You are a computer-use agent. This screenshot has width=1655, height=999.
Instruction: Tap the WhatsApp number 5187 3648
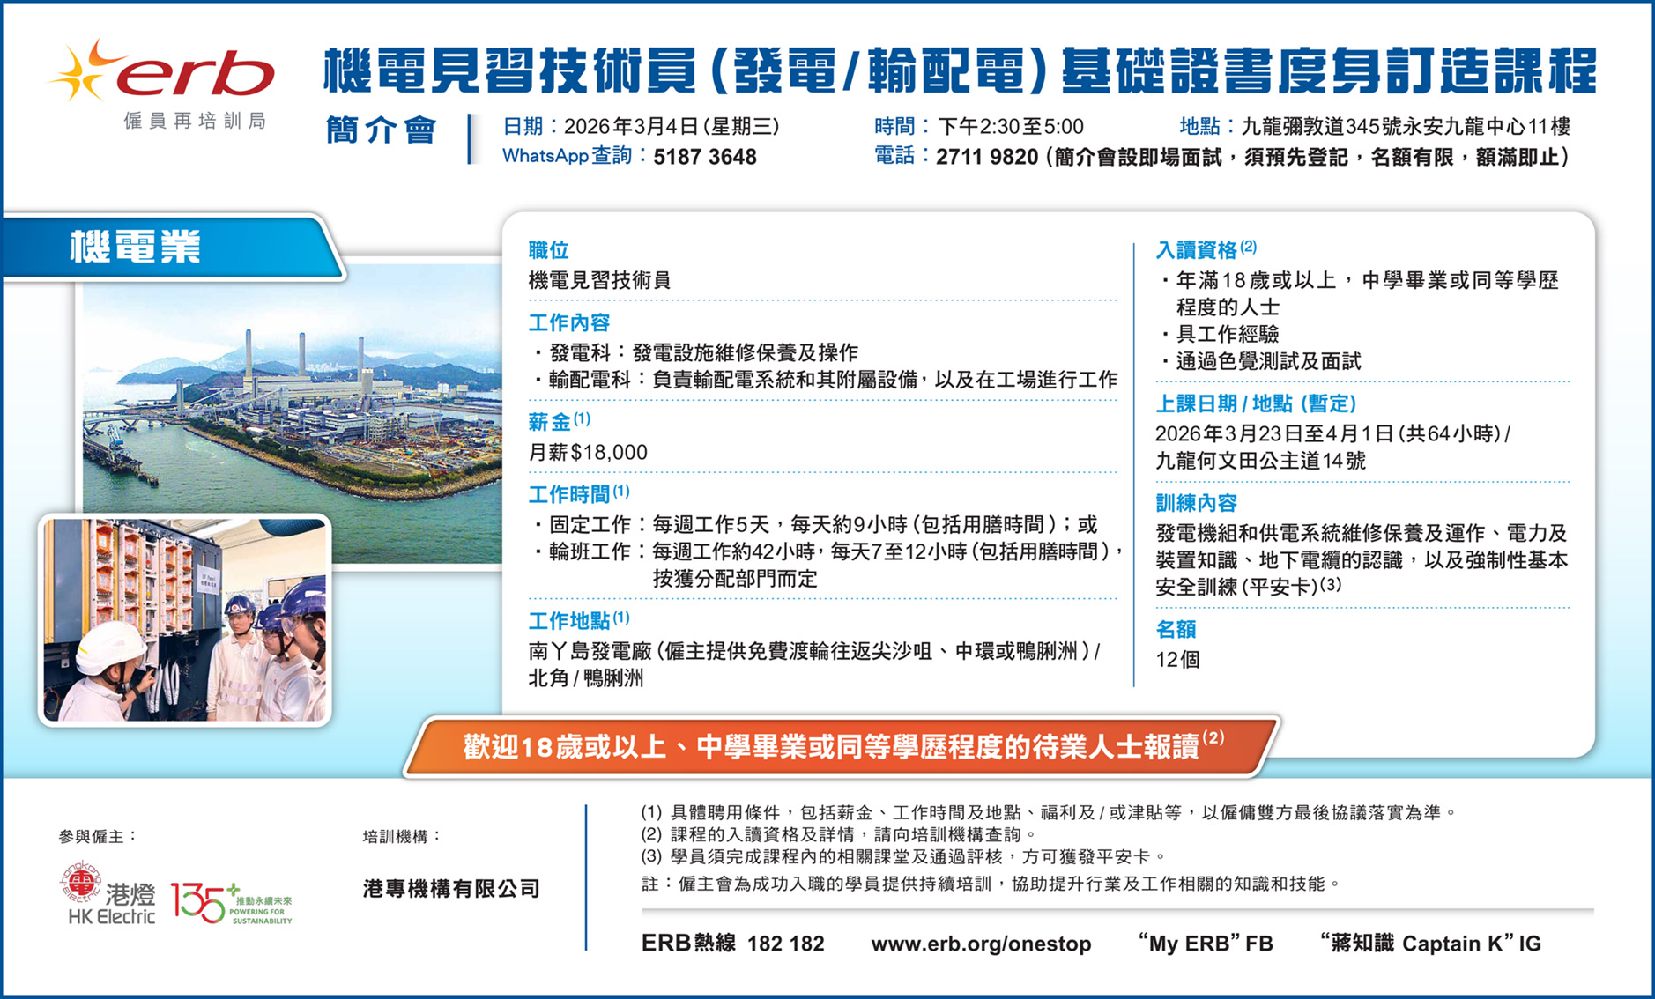(x=705, y=157)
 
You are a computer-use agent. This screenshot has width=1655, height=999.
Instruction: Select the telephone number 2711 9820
(x=987, y=157)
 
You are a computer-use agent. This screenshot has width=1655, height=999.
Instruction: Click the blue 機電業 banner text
(x=136, y=248)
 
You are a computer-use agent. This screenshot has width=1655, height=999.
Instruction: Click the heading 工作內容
(x=569, y=322)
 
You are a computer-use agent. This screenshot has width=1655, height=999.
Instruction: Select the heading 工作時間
(x=569, y=494)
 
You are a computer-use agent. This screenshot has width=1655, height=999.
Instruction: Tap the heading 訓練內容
(x=1197, y=503)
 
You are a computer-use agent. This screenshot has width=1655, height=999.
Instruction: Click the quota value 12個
(x=1177, y=660)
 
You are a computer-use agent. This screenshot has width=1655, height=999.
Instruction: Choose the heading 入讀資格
(x=1197, y=250)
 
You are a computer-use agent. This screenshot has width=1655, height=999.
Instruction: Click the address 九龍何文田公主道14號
(x=1260, y=461)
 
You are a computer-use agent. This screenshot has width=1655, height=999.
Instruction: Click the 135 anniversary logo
(x=231, y=903)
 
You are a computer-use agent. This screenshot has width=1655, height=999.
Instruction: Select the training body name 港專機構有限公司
(x=451, y=889)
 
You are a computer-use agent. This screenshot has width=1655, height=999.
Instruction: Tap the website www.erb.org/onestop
(x=981, y=943)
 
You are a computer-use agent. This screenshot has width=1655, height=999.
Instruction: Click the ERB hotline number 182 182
(x=785, y=943)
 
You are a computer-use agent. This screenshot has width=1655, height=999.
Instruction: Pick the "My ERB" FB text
(x=1206, y=943)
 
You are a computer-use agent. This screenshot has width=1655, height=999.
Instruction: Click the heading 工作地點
(x=569, y=621)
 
